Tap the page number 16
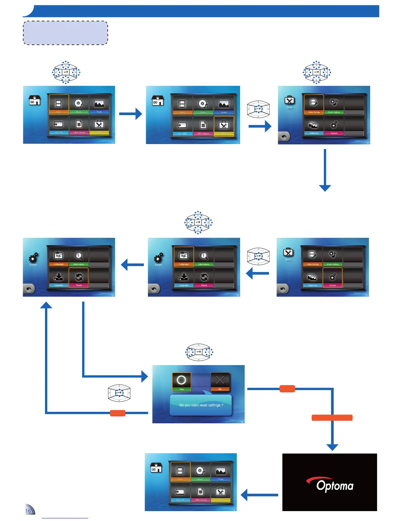pos(28,511)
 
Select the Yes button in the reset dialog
pos(181,382)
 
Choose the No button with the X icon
pos(220,382)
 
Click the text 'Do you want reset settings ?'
pos(201,405)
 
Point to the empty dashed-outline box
pos(65,33)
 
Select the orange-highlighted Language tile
pos(184,257)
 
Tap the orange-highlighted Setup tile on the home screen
pos(224,126)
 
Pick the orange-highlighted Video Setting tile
pos(314,104)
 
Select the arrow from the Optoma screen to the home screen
pos(259,495)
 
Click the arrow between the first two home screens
pos(130,114)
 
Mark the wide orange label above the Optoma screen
pos(332,418)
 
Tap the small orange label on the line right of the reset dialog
pos(287,389)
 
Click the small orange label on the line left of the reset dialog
pos(118,413)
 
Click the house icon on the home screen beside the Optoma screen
pos(156,468)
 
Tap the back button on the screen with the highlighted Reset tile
pos(29,289)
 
